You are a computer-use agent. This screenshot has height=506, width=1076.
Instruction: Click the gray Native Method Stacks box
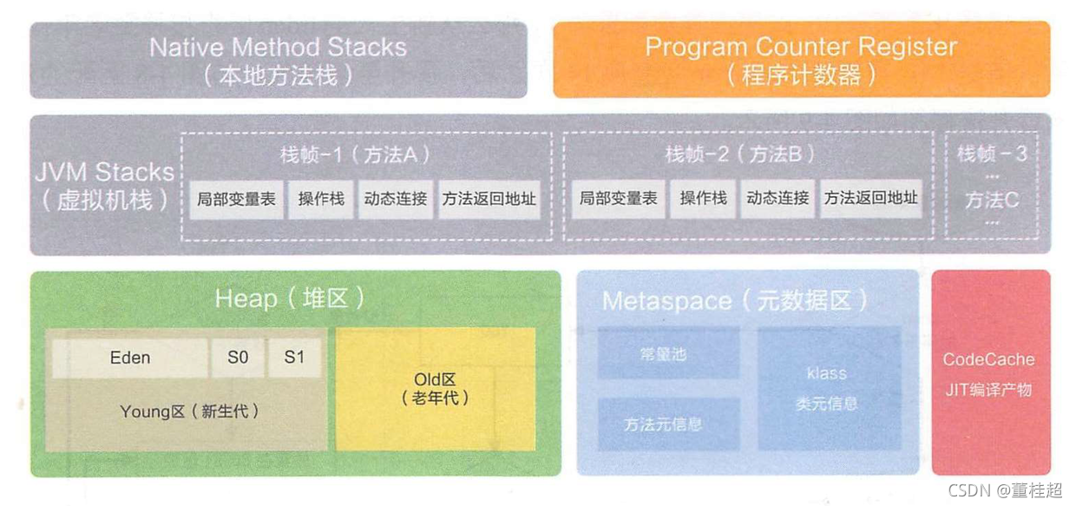(x=278, y=59)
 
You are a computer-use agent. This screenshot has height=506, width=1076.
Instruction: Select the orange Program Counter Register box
(x=801, y=59)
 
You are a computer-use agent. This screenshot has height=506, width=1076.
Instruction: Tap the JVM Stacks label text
(x=104, y=185)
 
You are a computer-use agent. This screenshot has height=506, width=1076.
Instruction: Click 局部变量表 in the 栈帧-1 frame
(x=236, y=199)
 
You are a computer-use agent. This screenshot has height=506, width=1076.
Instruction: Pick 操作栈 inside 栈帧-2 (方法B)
(x=703, y=199)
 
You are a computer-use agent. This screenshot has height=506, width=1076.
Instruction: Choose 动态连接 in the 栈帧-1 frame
(x=396, y=199)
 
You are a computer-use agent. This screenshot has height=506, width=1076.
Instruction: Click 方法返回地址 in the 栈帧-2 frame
(x=870, y=199)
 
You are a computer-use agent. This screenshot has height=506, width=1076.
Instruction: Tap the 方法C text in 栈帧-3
(x=991, y=200)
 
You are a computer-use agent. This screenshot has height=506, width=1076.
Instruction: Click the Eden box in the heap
(x=130, y=358)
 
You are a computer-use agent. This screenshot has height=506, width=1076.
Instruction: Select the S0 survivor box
(x=238, y=358)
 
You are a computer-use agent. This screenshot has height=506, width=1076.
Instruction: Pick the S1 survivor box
(x=294, y=358)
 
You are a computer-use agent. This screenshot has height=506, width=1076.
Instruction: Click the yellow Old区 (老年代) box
(x=435, y=389)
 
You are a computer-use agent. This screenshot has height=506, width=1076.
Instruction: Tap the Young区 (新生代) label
(x=189, y=411)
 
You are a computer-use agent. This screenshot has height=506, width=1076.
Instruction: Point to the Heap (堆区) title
(x=290, y=299)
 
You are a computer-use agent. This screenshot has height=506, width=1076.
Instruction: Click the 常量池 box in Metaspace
(x=668, y=354)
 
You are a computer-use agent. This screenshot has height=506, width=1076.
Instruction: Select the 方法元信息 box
(x=668, y=424)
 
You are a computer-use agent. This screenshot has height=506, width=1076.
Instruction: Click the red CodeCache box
(x=990, y=373)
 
